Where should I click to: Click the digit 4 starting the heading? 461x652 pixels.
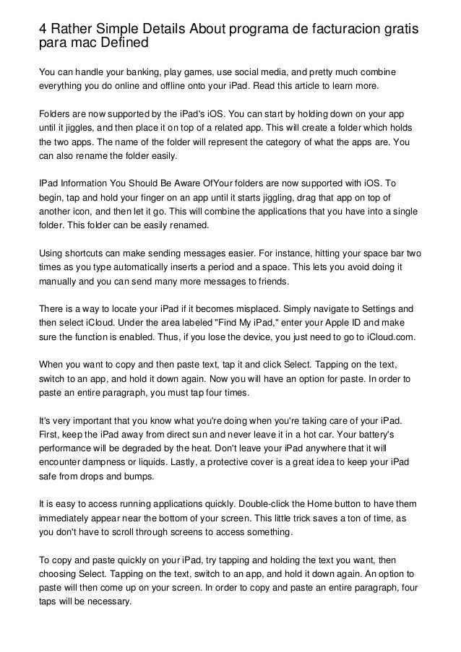[43, 28]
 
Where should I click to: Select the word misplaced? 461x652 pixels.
[251, 308]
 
